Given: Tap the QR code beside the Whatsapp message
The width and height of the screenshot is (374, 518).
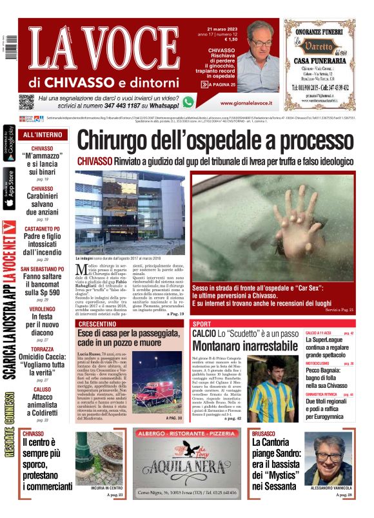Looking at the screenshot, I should [x=26, y=102].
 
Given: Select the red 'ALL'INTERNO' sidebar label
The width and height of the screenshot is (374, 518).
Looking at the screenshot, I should [x=43, y=135].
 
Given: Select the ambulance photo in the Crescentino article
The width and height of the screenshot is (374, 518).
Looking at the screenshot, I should [x=157, y=387].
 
